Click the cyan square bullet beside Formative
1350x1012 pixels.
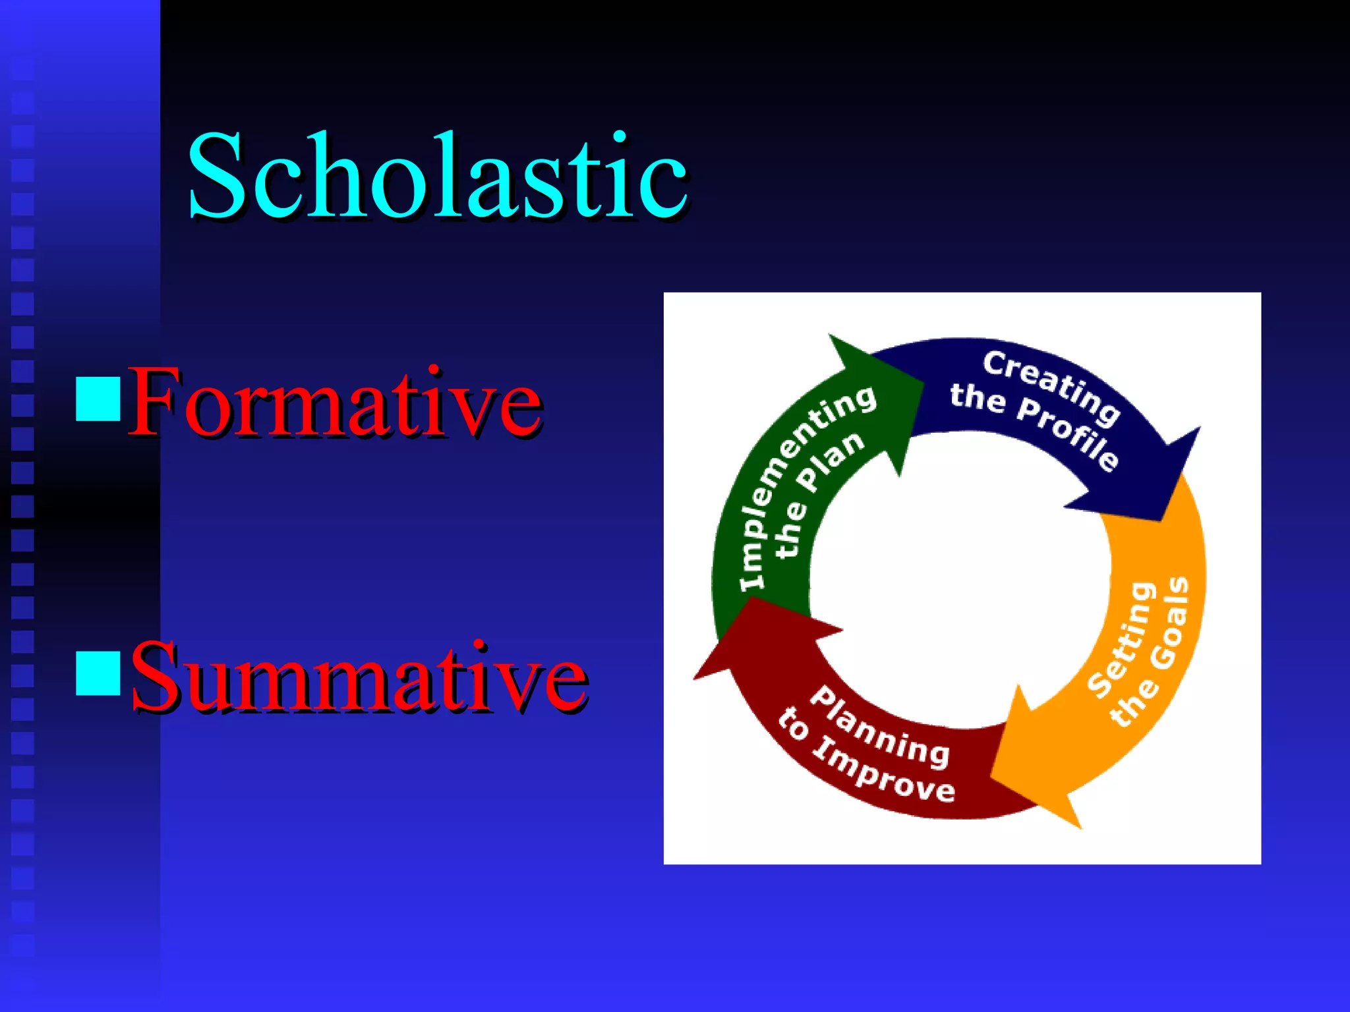(98, 399)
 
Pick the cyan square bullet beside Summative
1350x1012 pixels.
(98, 673)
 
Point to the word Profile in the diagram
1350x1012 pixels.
(1068, 435)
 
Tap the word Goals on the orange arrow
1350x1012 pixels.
(1171, 623)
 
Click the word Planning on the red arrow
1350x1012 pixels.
(879, 727)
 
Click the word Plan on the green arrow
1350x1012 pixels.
(831, 461)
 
